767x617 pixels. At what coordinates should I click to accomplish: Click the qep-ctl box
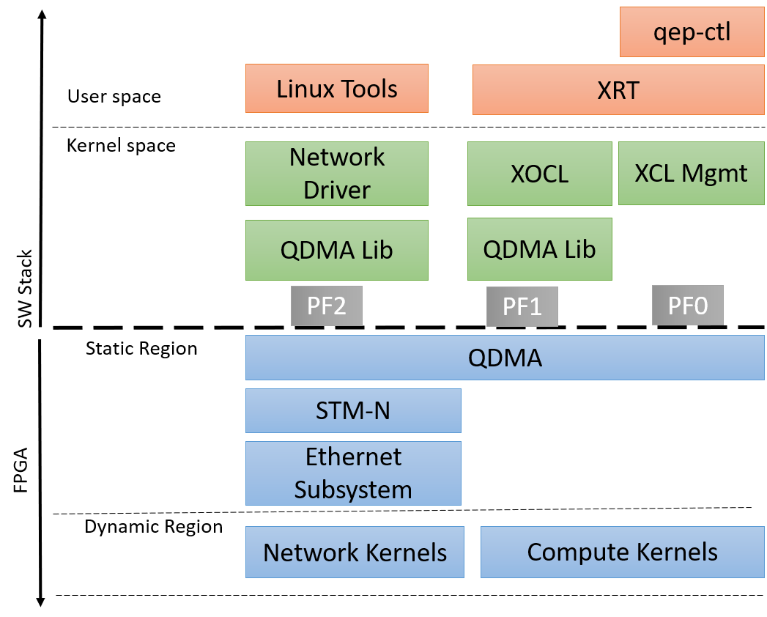pyautogui.click(x=692, y=32)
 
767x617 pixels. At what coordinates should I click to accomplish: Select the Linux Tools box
pyautogui.click(x=336, y=89)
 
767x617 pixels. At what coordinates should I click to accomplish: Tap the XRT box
pyautogui.click(x=618, y=90)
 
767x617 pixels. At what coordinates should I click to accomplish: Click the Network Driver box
pyautogui.click(x=336, y=174)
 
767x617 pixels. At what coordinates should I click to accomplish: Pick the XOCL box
pyautogui.click(x=539, y=174)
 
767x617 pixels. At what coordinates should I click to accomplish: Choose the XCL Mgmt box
pyautogui.click(x=691, y=174)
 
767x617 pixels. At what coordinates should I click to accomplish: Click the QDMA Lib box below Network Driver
pyautogui.click(x=336, y=250)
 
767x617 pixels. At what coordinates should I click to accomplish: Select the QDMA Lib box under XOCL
pyautogui.click(x=539, y=249)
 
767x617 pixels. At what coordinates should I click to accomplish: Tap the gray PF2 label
pyautogui.click(x=327, y=306)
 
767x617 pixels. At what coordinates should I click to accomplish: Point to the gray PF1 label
pyautogui.click(x=522, y=306)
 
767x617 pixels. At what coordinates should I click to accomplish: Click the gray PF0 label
pyautogui.click(x=687, y=306)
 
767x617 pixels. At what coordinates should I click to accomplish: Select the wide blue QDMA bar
pyautogui.click(x=505, y=358)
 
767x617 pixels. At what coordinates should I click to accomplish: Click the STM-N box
pyautogui.click(x=352, y=410)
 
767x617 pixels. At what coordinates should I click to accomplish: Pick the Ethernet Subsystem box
pyautogui.click(x=352, y=473)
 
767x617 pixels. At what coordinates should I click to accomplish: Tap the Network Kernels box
pyautogui.click(x=355, y=552)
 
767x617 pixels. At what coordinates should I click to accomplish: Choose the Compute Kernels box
pyautogui.click(x=622, y=552)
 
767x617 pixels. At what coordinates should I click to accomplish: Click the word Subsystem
pyautogui.click(x=353, y=489)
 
